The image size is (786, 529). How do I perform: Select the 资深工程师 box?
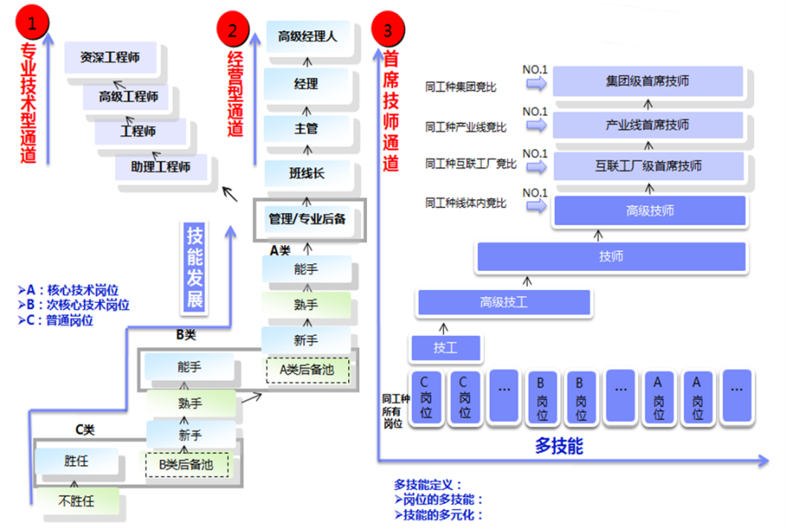click(110, 58)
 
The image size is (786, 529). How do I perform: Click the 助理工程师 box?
click(162, 166)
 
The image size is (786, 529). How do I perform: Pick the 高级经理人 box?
click(307, 36)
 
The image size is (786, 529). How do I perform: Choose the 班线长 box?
click(307, 173)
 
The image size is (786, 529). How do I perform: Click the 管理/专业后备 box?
click(307, 219)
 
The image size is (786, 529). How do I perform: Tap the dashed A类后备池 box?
click(307, 369)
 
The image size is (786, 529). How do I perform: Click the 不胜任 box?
click(76, 500)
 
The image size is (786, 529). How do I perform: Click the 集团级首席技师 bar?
click(648, 81)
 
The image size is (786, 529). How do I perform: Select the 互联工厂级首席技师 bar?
click(648, 166)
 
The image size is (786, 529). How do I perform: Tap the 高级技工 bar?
click(504, 302)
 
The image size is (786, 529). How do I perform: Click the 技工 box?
click(445, 349)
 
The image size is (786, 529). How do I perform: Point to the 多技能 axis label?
click(558, 446)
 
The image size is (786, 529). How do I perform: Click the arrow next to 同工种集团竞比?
click(536, 85)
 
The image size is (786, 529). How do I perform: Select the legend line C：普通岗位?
click(59, 320)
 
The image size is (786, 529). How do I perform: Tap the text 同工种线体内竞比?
click(466, 204)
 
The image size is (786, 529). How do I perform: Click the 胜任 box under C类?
click(76, 462)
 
